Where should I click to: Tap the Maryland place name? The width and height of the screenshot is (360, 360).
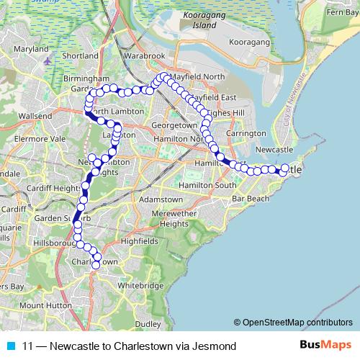pos(29,49)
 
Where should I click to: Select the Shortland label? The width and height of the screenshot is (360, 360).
pos(79,55)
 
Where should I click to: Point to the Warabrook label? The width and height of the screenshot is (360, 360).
pos(144,55)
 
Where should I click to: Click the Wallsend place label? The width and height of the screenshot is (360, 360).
pos(35,115)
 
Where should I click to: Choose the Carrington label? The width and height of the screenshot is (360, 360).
pos(246,134)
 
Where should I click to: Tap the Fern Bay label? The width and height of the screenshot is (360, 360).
pos(341,12)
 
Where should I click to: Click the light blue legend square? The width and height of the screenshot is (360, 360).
pos(9,346)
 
